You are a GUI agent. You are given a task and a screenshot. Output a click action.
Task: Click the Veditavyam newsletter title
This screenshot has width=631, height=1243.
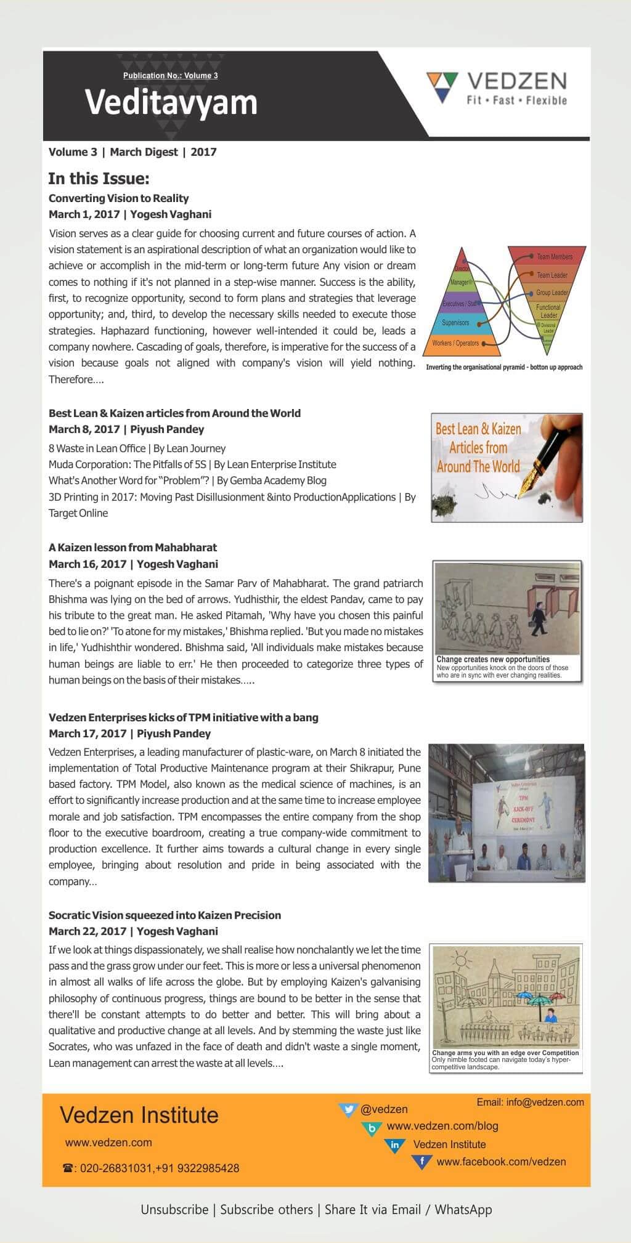click(171, 103)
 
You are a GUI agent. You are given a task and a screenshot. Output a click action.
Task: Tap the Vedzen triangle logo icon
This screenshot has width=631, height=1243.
click(442, 86)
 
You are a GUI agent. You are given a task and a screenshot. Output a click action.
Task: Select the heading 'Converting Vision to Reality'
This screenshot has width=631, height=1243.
click(118, 198)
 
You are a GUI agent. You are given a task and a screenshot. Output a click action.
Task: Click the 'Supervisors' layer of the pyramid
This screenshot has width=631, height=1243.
click(455, 323)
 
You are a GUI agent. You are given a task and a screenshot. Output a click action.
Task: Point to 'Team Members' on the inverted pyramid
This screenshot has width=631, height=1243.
click(554, 257)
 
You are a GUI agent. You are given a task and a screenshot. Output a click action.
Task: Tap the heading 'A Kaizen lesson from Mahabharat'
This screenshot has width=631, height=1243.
click(132, 548)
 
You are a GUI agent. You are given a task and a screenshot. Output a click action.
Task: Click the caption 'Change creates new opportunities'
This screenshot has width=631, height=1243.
click(493, 659)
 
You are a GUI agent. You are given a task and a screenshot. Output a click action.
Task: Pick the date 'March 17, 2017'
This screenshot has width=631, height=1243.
click(88, 734)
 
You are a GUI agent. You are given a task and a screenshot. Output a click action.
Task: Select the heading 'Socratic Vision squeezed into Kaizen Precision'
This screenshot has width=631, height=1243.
click(165, 915)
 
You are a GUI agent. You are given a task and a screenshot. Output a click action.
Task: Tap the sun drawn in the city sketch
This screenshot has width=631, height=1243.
click(460, 959)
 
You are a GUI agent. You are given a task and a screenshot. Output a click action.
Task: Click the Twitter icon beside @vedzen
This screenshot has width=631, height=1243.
click(349, 1109)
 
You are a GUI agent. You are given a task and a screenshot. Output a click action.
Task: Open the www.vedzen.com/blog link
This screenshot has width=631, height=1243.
click(442, 1126)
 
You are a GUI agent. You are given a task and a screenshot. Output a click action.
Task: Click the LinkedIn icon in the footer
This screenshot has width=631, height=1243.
click(394, 1144)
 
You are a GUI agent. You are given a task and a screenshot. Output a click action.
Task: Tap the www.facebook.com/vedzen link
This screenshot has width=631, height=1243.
click(501, 1162)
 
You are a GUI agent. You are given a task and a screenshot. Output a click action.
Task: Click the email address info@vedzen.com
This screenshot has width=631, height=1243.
click(545, 1102)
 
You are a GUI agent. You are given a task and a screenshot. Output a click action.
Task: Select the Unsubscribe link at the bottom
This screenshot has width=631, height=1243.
click(174, 1210)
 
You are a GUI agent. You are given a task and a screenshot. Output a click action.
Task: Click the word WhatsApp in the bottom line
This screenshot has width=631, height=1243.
click(463, 1210)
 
